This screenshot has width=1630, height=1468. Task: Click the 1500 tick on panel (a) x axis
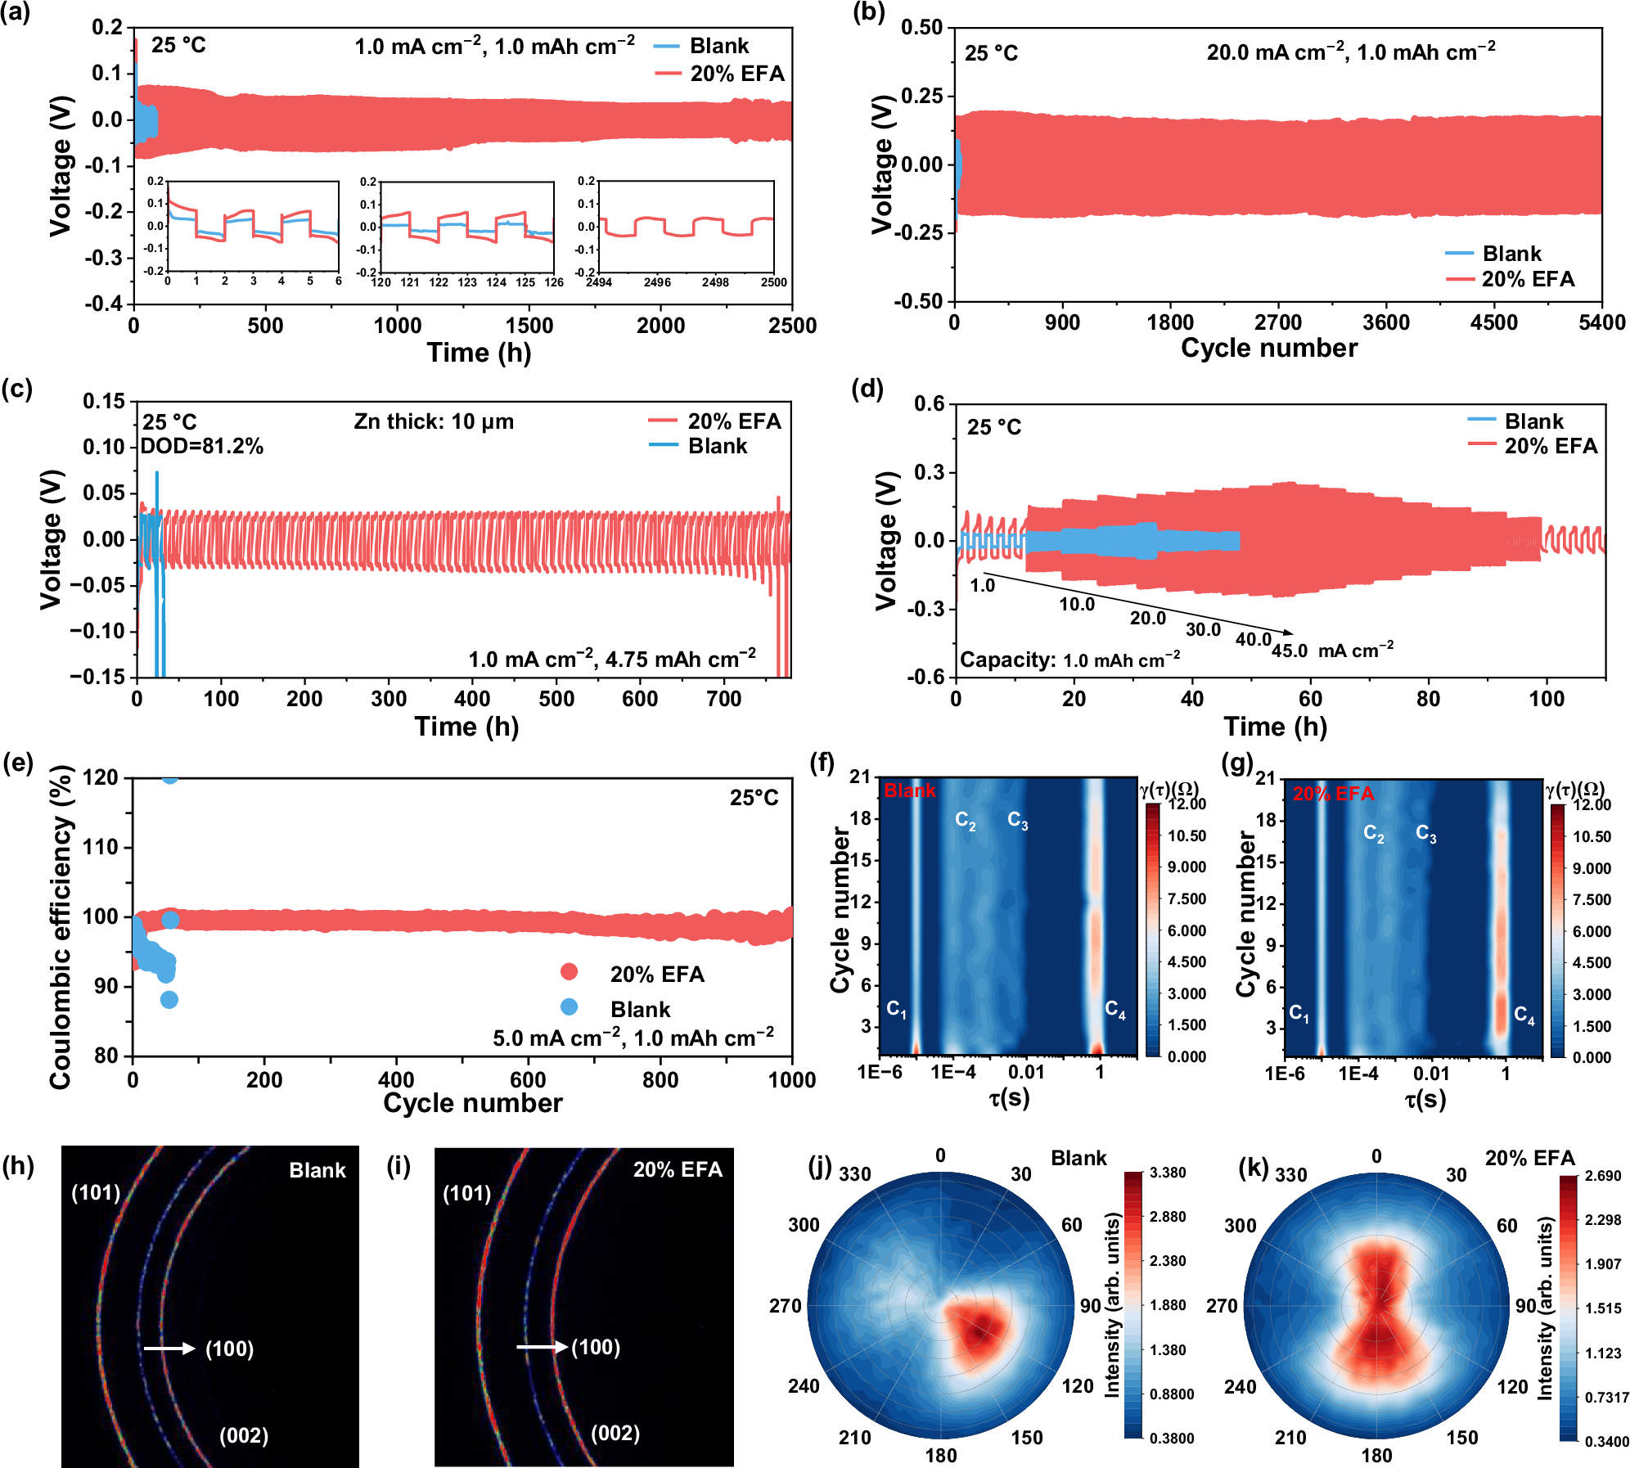coord(529,326)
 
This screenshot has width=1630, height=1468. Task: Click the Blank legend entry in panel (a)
coord(718,46)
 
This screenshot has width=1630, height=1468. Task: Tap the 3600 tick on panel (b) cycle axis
coord(1385,322)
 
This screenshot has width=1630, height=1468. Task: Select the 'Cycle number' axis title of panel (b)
coord(1268,349)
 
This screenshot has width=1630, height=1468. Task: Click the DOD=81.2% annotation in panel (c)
coord(201,446)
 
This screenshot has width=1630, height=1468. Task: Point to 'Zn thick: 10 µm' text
coord(434,422)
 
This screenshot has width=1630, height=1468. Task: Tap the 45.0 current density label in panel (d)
coord(1289,651)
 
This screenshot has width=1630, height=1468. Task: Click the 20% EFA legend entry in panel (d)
coord(1550,446)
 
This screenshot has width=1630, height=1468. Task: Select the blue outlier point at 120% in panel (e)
coord(169,777)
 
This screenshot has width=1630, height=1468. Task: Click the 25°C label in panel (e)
coord(754,798)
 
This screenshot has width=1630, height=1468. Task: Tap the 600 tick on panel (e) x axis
coord(528,1080)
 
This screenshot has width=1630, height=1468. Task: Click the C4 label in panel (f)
coord(1114,1010)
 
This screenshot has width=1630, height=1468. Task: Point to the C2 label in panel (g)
coord(1374,834)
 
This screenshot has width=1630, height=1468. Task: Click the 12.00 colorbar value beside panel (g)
coord(1592,805)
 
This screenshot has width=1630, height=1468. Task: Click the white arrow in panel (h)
coord(169,1349)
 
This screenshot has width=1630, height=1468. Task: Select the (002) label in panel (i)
coord(615,1433)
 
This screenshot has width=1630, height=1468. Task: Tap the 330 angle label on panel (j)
coord(854,1174)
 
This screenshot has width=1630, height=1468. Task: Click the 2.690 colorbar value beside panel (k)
coord(1602,1176)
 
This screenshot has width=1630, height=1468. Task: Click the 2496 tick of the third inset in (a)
coord(657,282)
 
